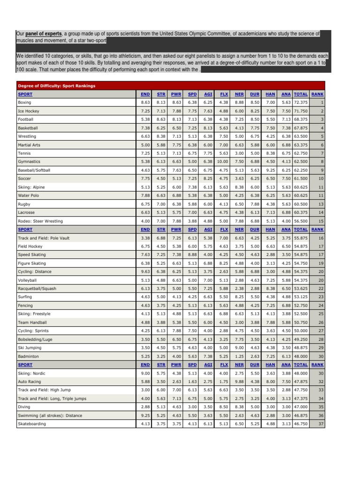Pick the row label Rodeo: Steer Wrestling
pyautogui.click(x=40, y=221)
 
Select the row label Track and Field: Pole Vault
pyautogui.click(x=44, y=238)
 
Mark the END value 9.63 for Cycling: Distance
pyautogui.click(x=145, y=272)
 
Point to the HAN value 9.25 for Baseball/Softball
pyautogui.click(x=270, y=170)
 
